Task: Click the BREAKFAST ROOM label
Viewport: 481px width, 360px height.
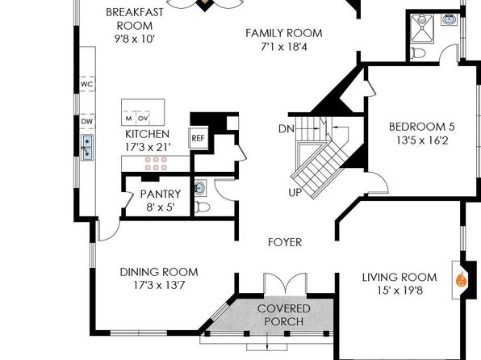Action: (135, 19)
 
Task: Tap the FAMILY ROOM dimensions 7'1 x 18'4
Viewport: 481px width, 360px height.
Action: (284, 47)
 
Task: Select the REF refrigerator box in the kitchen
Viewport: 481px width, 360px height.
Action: (198, 138)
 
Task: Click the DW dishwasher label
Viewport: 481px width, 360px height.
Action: (87, 121)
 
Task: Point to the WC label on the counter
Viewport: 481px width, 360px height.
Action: (87, 84)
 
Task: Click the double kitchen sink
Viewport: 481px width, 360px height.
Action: (87, 147)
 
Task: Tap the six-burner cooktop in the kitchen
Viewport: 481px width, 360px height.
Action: (156, 164)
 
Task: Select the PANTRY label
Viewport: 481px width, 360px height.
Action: (161, 194)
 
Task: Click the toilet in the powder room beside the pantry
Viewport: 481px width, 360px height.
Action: (202, 207)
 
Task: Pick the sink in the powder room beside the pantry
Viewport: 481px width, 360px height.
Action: (200, 187)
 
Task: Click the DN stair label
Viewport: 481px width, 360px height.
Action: (287, 129)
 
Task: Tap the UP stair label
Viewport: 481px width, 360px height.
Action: (295, 192)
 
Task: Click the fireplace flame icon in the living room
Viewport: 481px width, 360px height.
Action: (461, 279)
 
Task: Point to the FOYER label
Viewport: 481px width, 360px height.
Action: (285, 242)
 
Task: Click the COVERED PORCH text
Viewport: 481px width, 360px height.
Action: (284, 315)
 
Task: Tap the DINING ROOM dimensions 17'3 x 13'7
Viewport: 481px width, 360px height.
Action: (159, 286)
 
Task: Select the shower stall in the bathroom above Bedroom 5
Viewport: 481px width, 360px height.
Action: (422, 28)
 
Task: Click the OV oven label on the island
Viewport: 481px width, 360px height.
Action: (143, 119)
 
